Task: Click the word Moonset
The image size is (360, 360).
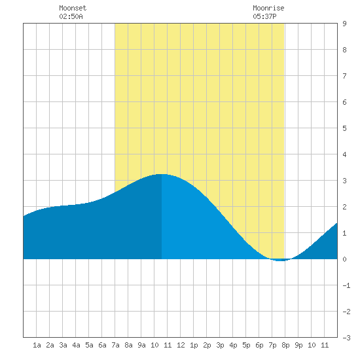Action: (x=73, y=8)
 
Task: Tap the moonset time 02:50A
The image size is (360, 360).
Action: (x=71, y=16)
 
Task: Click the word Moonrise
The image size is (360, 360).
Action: (x=268, y=8)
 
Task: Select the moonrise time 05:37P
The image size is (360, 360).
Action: (x=264, y=16)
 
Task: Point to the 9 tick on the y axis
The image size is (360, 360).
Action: (x=344, y=24)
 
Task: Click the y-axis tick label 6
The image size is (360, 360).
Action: (x=344, y=102)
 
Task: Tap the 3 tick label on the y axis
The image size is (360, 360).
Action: (x=344, y=181)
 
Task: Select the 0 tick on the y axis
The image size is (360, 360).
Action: (x=344, y=259)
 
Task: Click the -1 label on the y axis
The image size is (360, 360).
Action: (x=346, y=285)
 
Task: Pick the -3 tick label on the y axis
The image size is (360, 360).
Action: (x=346, y=338)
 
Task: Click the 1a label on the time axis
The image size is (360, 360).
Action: (x=37, y=345)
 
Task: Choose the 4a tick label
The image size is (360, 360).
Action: (x=76, y=345)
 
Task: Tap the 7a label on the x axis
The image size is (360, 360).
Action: (x=115, y=345)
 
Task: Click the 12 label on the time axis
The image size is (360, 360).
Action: (x=181, y=345)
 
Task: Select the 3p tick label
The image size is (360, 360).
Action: (x=220, y=345)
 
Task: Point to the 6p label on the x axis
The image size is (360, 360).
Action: (x=259, y=345)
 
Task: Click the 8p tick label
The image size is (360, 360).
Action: (x=285, y=345)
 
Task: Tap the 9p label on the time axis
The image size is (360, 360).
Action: (x=298, y=345)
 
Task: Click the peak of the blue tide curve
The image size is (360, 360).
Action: (x=162, y=174)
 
